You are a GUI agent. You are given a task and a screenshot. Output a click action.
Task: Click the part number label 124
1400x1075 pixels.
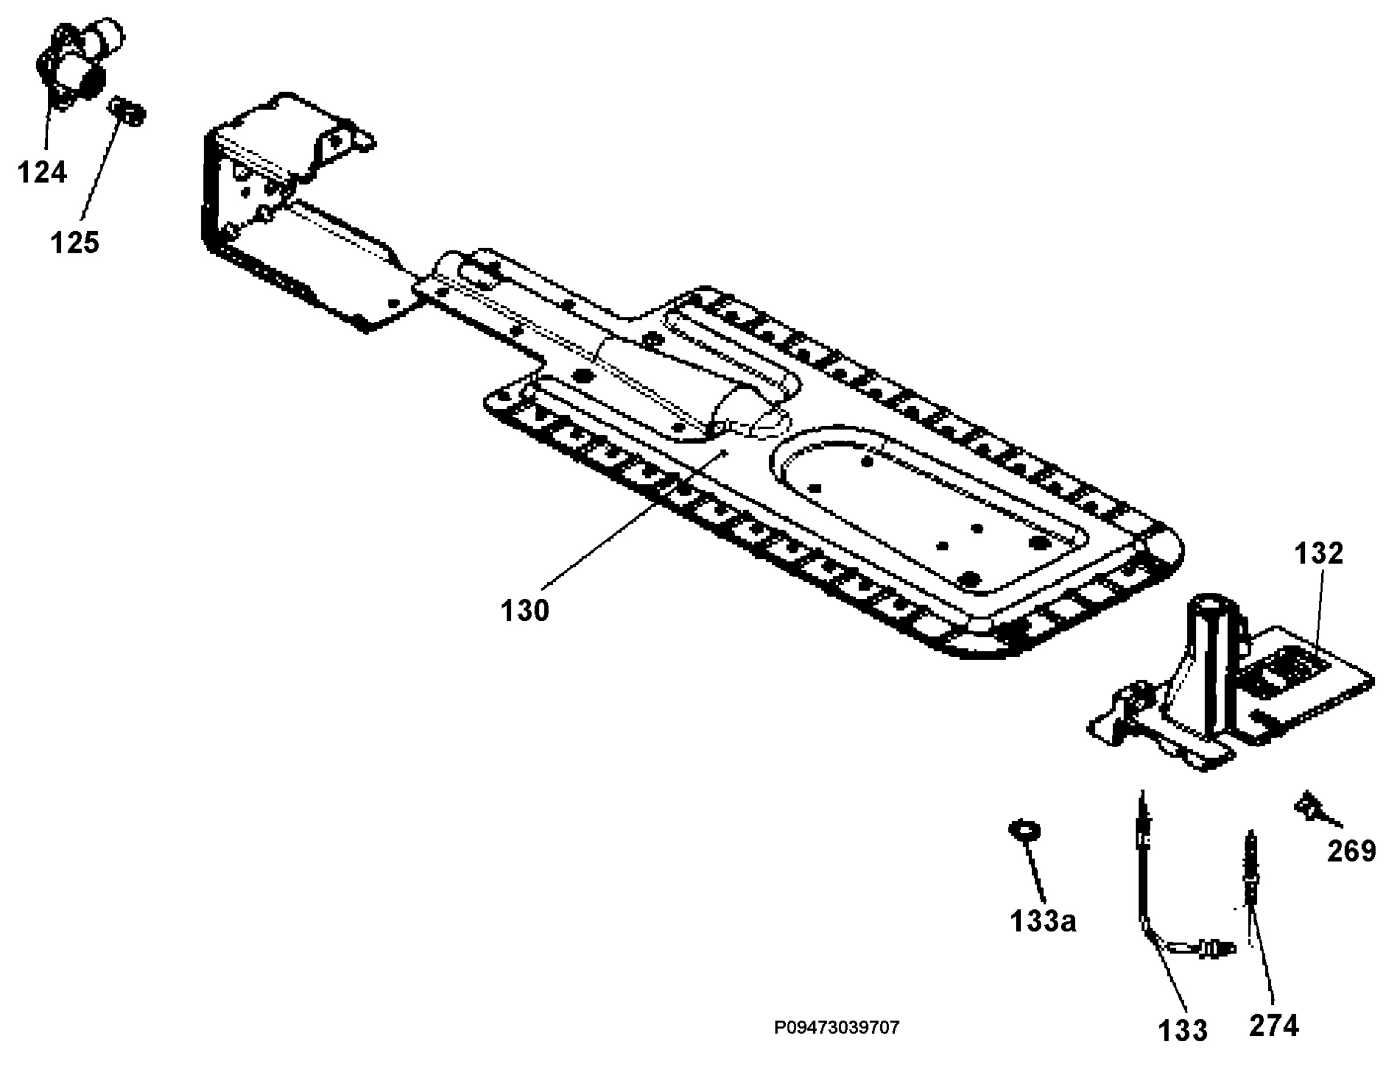point(41,172)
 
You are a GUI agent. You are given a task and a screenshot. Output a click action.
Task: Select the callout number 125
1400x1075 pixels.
point(75,243)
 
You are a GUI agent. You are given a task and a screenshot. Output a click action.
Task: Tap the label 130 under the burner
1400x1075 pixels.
point(524,610)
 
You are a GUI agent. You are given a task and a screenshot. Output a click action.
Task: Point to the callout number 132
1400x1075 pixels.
point(1319,553)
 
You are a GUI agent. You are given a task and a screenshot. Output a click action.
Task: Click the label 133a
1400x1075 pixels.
point(1043,922)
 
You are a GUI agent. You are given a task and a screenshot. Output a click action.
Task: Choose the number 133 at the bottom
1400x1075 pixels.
point(1182,1031)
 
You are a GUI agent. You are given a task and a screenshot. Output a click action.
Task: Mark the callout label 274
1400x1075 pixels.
point(1274,1026)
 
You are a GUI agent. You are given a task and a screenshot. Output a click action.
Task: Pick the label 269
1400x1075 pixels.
point(1352,851)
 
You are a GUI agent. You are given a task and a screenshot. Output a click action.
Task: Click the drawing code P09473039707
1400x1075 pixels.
point(836,1028)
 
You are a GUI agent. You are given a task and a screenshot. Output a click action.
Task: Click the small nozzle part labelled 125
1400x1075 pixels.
point(128,111)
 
